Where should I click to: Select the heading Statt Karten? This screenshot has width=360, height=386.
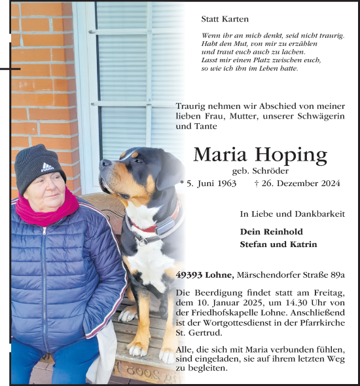225,20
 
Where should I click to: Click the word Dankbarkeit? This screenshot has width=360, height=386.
320,214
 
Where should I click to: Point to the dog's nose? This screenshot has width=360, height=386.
103,163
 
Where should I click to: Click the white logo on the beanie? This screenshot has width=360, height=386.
48,167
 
